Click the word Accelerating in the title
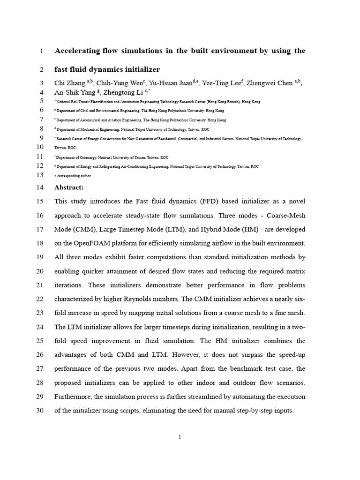coord(78,51)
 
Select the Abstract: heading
coord(69,187)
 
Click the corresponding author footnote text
coord(75,176)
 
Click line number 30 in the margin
coord(39,411)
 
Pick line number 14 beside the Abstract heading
coord(39,187)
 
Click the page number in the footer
coord(180,437)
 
